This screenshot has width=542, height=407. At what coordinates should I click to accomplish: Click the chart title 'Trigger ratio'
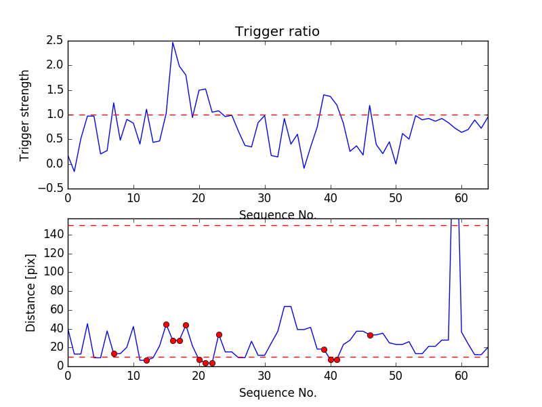[x=277, y=32]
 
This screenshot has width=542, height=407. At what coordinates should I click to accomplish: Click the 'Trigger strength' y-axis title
[x=25, y=115]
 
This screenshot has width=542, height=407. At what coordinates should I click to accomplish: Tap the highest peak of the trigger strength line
[x=173, y=42]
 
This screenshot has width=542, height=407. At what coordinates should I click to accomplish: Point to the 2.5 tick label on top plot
[x=55, y=41]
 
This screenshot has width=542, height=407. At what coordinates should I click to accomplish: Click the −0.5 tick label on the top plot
[x=52, y=189]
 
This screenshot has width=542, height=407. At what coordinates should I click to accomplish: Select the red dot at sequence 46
[x=370, y=335]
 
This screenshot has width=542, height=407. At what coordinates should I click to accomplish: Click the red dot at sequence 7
[x=114, y=353]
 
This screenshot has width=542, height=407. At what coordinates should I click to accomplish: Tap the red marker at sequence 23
[x=219, y=334]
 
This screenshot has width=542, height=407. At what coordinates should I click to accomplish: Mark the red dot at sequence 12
[x=146, y=360]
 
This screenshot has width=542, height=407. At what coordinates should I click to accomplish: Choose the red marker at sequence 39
[x=324, y=349]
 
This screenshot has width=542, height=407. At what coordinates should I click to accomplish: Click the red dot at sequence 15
[x=166, y=324]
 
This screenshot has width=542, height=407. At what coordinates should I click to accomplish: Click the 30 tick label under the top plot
[x=265, y=199]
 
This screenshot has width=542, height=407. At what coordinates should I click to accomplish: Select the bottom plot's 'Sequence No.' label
[x=277, y=393]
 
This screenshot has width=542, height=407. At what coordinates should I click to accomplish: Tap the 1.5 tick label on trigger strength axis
[x=55, y=90]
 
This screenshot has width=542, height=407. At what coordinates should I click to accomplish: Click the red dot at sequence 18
[x=186, y=325]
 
